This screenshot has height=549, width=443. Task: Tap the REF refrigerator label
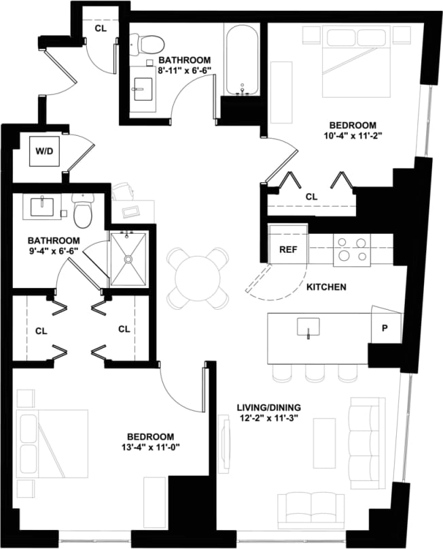288,249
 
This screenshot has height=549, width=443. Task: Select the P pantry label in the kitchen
384,327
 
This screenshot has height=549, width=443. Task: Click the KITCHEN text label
326,287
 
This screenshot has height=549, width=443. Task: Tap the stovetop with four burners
351,249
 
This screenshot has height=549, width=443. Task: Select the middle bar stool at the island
315,373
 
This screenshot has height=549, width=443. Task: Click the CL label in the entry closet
100,29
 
